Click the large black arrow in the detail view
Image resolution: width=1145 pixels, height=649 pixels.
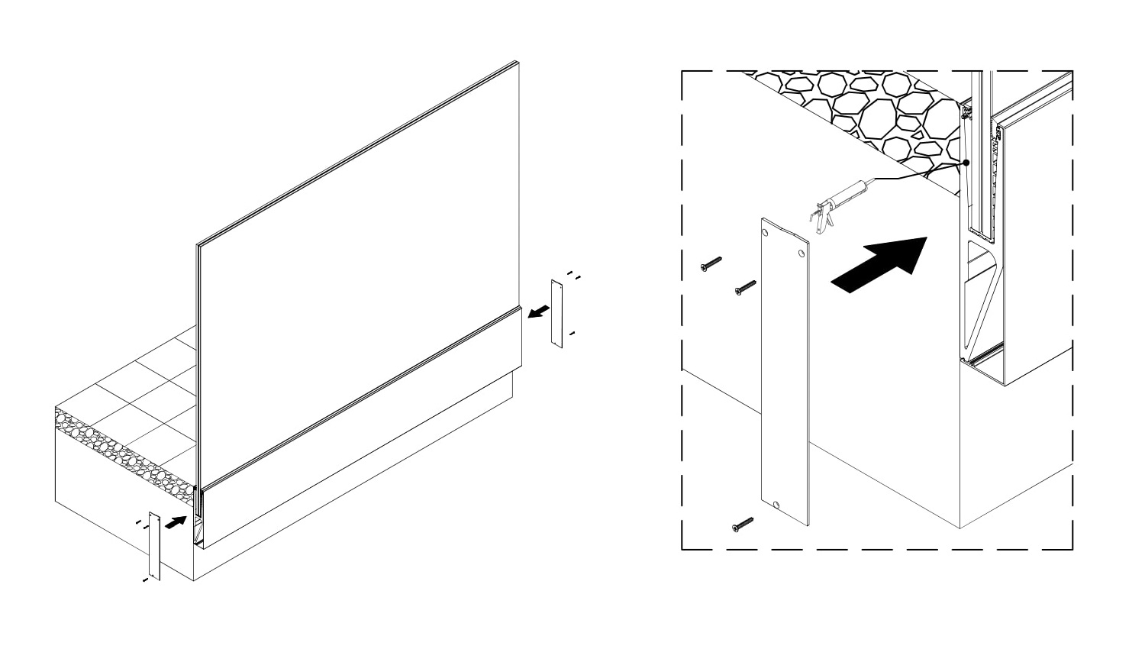click(x=878, y=263)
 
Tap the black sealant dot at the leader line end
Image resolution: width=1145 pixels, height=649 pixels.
click(x=966, y=163)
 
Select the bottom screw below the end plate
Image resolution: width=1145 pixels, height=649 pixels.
click(x=743, y=525)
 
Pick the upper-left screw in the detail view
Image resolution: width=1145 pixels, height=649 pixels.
click(x=710, y=264)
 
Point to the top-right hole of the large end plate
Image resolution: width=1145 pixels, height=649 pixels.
click(x=801, y=252)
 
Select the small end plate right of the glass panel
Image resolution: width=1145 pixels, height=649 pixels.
click(x=557, y=314)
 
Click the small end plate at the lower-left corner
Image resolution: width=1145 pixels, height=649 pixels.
click(x=154, y=545)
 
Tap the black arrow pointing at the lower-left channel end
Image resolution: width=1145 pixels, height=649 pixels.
click(x=176, y=523)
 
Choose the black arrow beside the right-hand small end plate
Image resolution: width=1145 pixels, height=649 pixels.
click(x=539, y=311)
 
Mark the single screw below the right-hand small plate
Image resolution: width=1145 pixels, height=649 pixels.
click(x=571, y=334)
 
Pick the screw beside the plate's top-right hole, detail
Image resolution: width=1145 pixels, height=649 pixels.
click(x=745, y=288)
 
